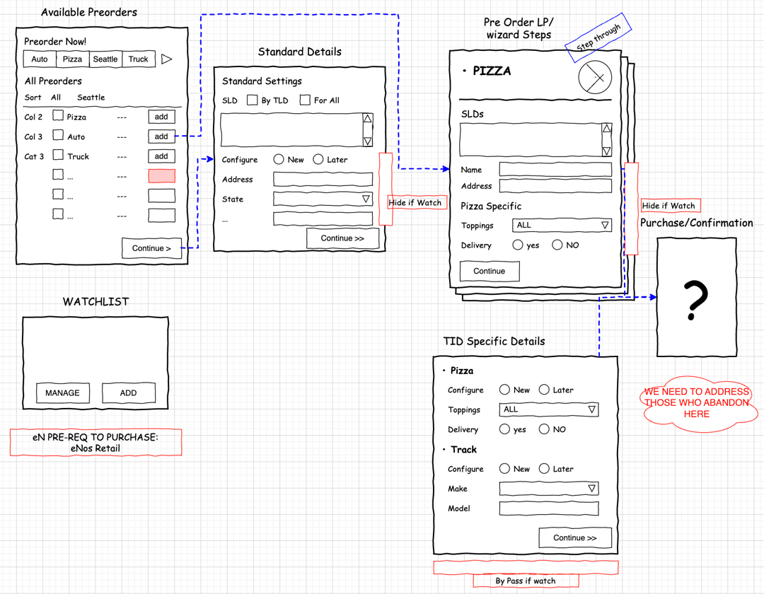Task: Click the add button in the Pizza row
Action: pyautogui.click(x=161, y=117)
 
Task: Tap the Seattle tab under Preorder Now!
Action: pyautogui.click(x=105, y=59)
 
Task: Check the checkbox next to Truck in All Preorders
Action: pyautogui.click(x=58, y=156)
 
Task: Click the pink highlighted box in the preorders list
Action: pyautogui.click(x=161, y=176)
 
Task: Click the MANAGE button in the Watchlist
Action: pyautogui.click(x=63, y=393)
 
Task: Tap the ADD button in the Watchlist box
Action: pyautogui.click(x=128, y=393)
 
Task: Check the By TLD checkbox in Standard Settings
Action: pyautogui.click(x=252, y=100)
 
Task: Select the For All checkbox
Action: pyautogui.click(x=305, y=100)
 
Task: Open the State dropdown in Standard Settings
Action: pyautogui.click(x=323, y=199)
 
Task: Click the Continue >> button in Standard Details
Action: pyautogui.click(x=342, y=238)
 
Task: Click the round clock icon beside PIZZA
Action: pyautogui.click(x=594, y=78)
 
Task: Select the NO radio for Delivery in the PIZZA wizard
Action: pyautogui.click(x=557, y=245)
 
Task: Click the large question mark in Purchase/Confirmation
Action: pyautogui.click(x=696, y=299)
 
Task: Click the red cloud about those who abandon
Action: pyautogui.click(x=696, y=403)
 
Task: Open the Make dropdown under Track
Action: pyautogui.click(x=549, y=489)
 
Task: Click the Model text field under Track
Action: pyautogui.click(x=549, y=508)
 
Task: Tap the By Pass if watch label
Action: pyautogui.click(x=526, y=581)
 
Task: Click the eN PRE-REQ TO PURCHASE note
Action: pyautogui.click(x=95, y=443)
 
